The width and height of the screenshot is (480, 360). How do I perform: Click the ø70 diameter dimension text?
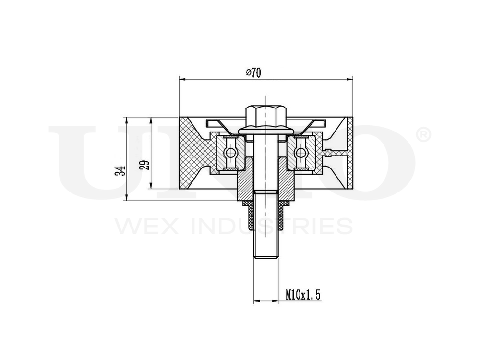[253, 72]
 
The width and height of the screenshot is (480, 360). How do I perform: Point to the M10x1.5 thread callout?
[302, 294]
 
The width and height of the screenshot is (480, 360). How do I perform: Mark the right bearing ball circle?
[300, 153]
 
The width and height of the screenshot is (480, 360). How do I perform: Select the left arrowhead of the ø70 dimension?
[181, 78]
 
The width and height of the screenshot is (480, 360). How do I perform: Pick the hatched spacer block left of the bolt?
[246, 185]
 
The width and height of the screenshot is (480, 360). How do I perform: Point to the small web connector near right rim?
[330, 154]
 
